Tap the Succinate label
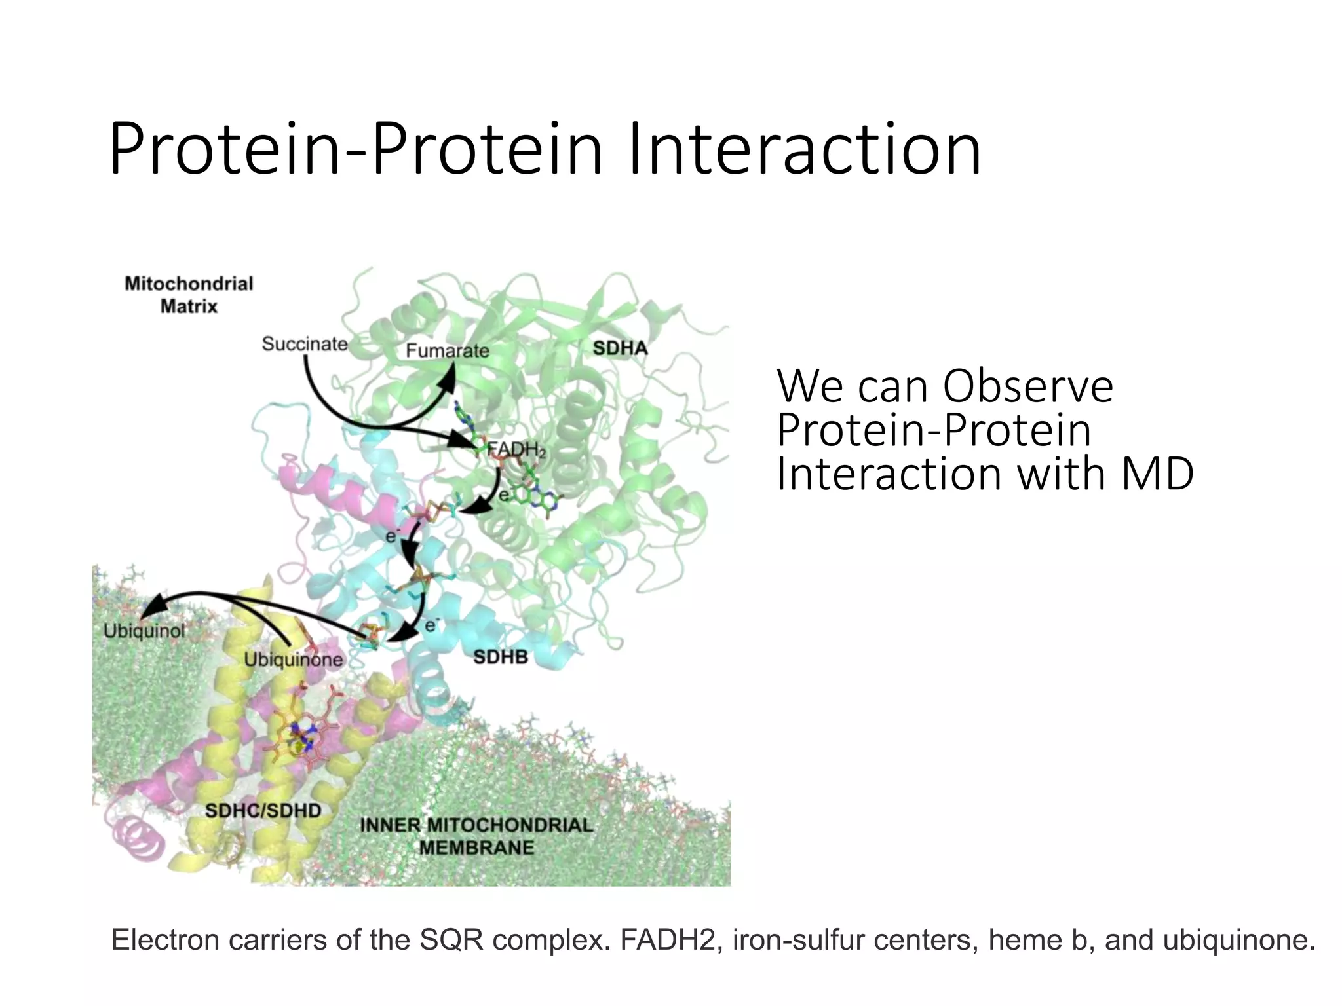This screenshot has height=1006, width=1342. (x=305, y=344)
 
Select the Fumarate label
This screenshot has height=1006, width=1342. (x=447, y=351)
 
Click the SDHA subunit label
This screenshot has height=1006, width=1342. (x=620, y=348)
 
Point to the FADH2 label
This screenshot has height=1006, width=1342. (x=516, y=450)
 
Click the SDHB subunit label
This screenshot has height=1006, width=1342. (x=501, y=657)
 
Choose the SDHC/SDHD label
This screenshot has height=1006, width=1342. (x=263, y=811)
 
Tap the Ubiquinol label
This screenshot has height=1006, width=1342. (x=144, y=631)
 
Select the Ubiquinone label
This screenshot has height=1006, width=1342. (x=293, y=660)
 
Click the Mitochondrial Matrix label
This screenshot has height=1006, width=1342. (x=189, y=295)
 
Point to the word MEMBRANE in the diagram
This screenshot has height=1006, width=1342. (x=476, y=848)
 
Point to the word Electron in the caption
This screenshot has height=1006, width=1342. (x=165, y=940)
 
